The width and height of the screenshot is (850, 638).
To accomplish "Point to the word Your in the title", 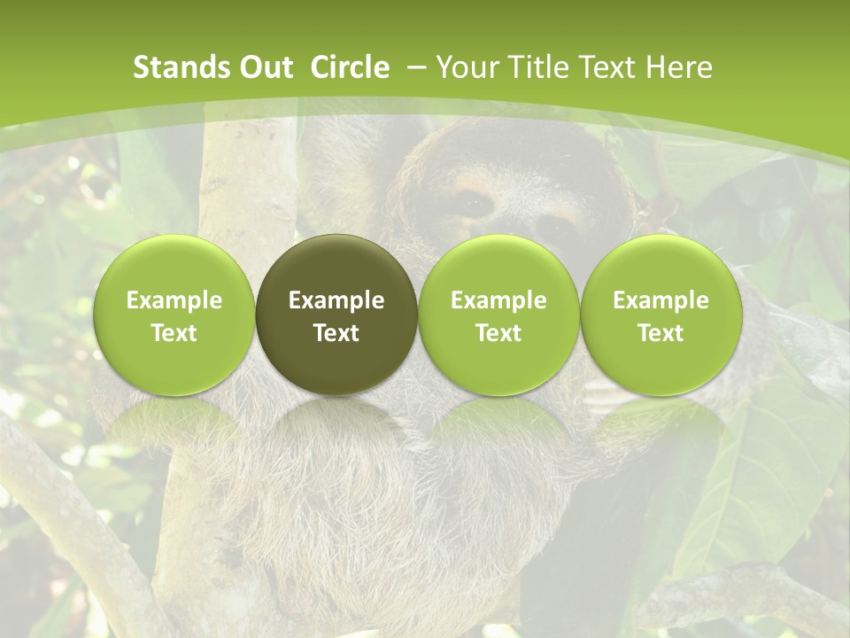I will (467, 67).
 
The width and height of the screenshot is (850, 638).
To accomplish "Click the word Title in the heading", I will (533, 67).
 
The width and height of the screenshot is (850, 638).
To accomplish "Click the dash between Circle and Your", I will (413, 67).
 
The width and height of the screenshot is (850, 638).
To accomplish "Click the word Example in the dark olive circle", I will (336, 300).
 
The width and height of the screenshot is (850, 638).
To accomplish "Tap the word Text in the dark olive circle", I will (336, 333).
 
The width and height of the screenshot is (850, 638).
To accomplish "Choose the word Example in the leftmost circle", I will (174, 300).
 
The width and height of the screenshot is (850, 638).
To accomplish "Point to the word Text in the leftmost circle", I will (174, 333).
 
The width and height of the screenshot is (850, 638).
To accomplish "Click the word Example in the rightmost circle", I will (661, 300).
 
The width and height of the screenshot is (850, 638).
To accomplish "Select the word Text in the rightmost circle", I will (661, 333).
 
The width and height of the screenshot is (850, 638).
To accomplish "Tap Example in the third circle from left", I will (498, 300).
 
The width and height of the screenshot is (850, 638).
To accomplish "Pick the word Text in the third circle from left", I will (498, 333).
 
